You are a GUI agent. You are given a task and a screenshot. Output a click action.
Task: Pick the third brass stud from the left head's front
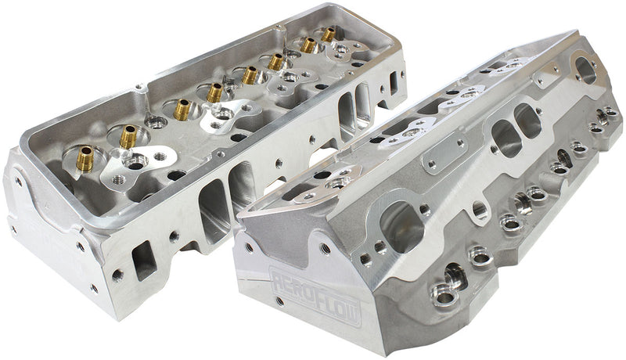(x=182, y=109)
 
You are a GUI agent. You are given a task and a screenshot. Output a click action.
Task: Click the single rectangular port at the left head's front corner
(x=144, y=261)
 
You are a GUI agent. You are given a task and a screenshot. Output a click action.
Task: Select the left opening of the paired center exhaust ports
(x=505, y=138)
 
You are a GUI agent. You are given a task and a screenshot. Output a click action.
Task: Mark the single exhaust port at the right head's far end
(x=585, y=69)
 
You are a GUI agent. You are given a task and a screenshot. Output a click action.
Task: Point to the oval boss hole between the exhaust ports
(x=478, y=210)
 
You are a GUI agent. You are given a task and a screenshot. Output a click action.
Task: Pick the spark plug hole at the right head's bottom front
(x=444, y=297)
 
